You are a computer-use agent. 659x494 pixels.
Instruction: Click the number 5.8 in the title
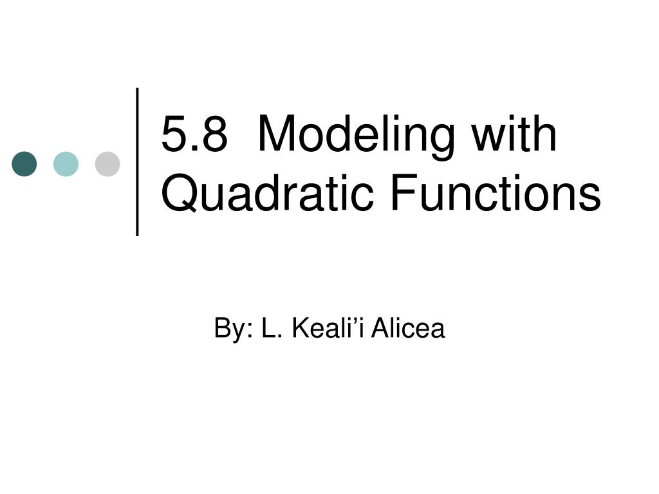pos(194,135)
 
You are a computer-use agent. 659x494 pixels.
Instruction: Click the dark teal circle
pos(24,164)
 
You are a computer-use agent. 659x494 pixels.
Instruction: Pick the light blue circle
pos(66,164)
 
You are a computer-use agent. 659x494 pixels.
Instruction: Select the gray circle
pos(107,164)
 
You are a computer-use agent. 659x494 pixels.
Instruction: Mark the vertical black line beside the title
pos(138,161)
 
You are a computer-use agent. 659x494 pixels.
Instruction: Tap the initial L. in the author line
pos(268,329)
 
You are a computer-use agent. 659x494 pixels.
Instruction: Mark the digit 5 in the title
pos(174,135)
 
